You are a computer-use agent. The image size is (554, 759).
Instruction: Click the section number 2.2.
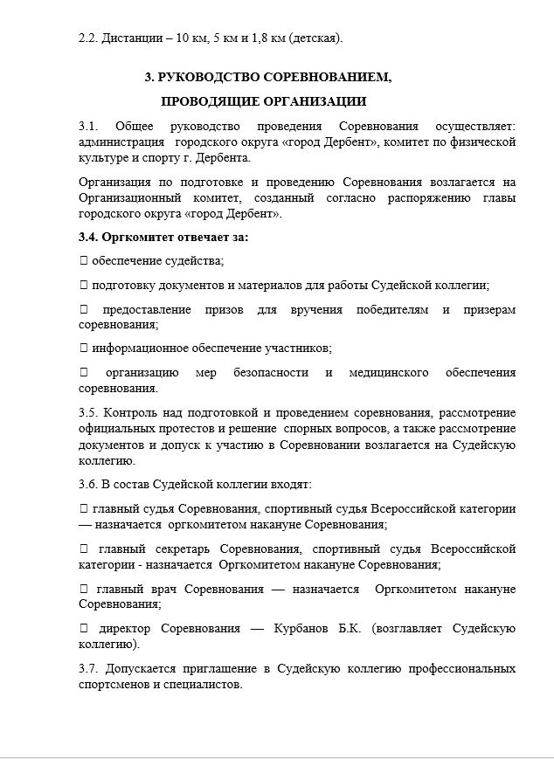pyautogui.click(x=88, y=38)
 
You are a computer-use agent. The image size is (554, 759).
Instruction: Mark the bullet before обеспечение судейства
pyautogui.click(x=83, y=261)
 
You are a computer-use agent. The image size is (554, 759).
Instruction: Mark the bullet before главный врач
pyautogui.click(x=83, y=589)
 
